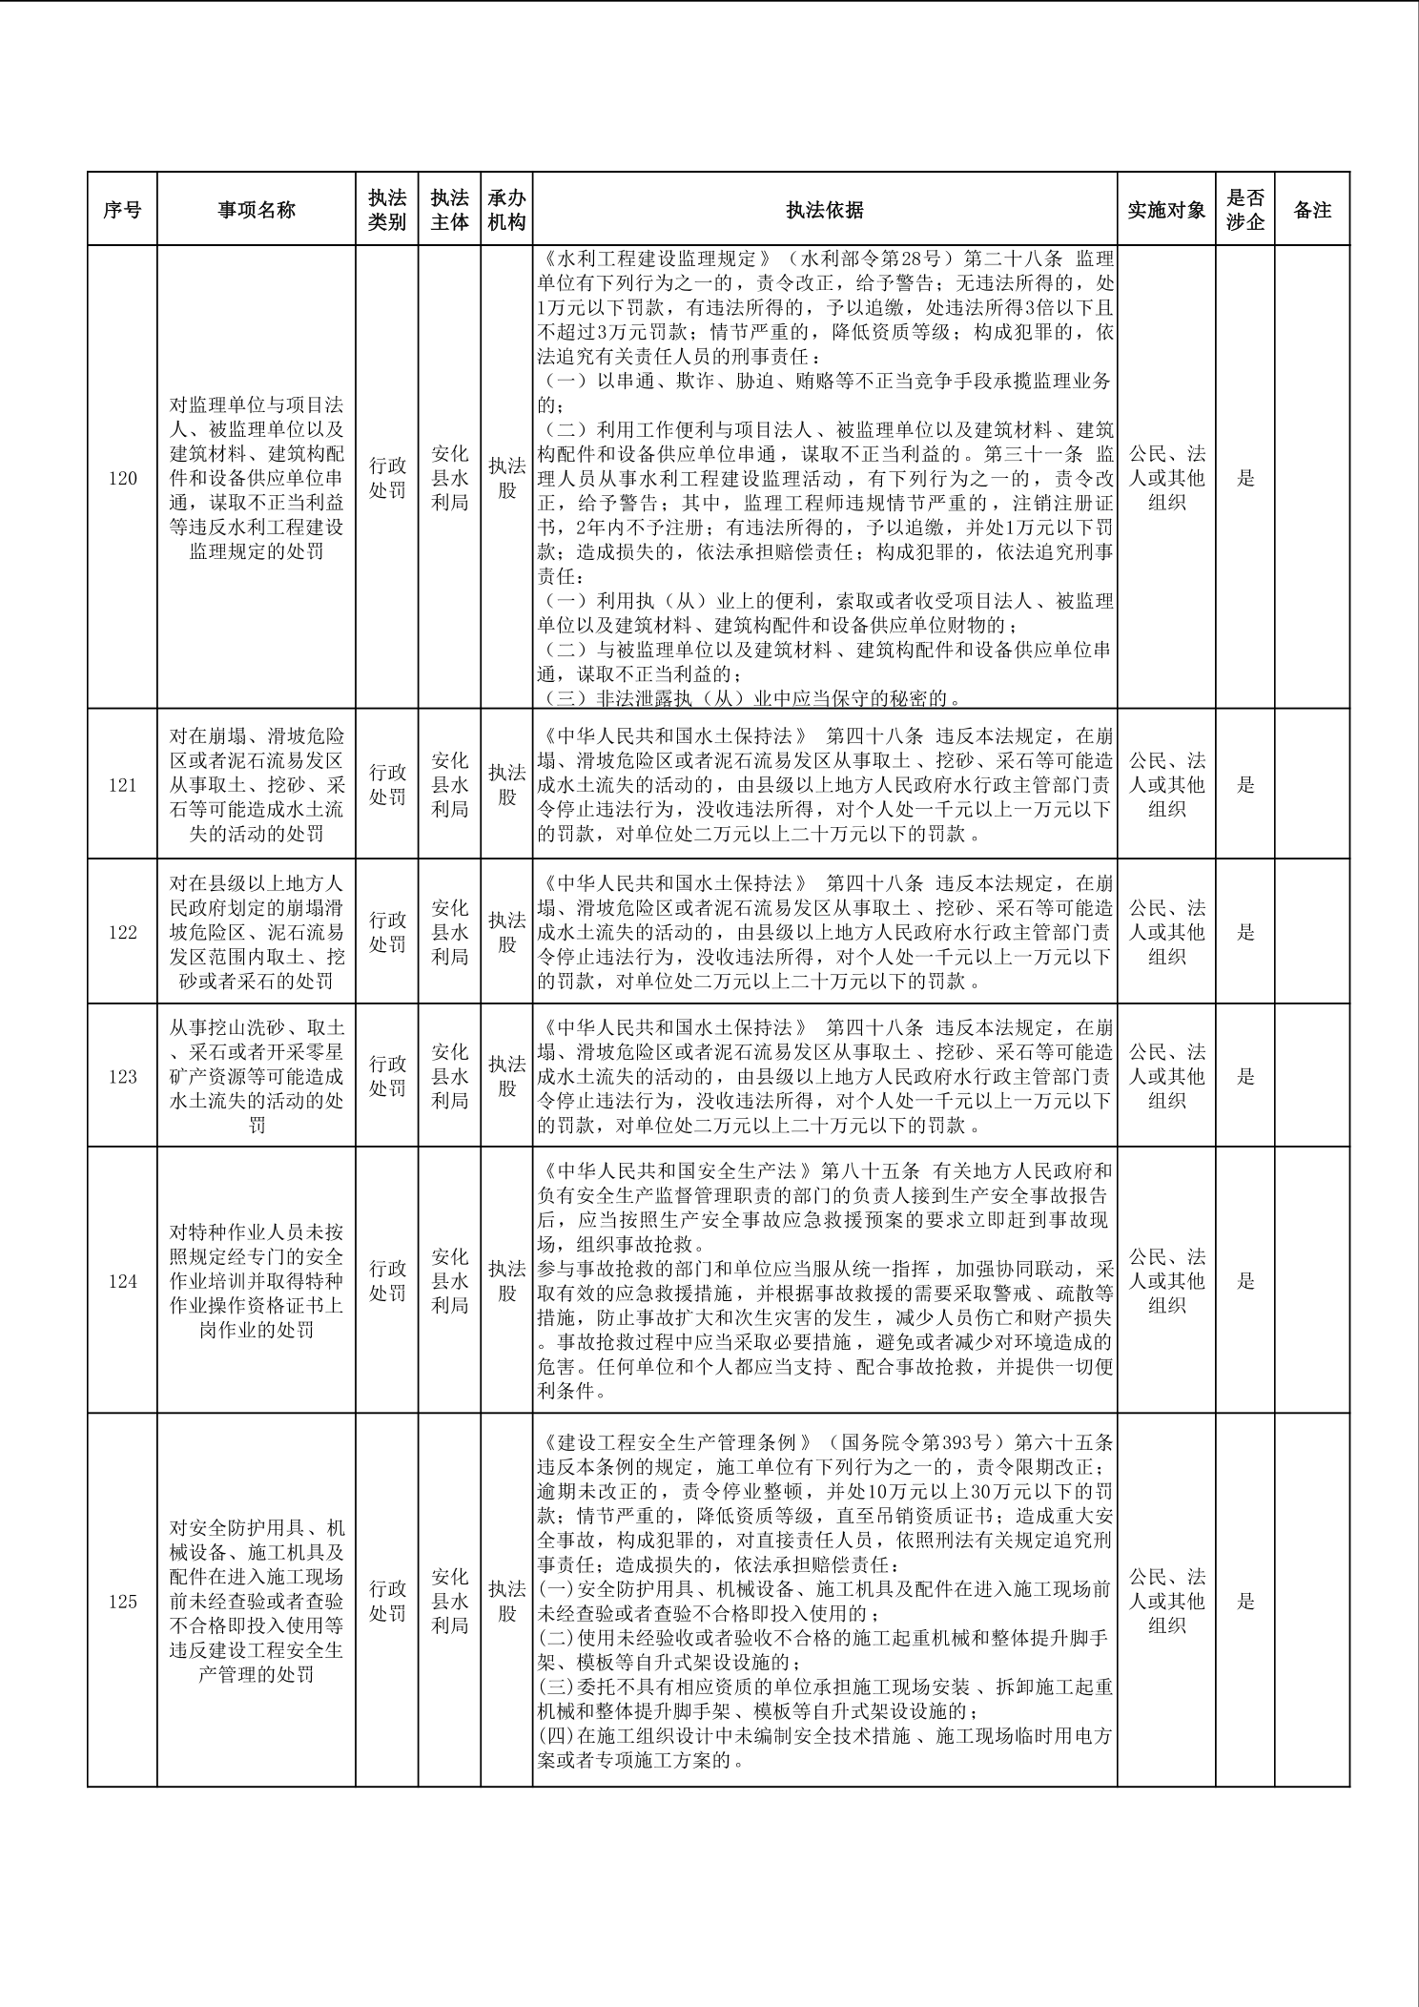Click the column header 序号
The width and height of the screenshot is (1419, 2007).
(x=122, y=210)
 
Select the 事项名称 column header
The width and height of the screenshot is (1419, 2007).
(x=257, y=210)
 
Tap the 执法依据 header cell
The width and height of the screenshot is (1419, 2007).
(x=825, y=210)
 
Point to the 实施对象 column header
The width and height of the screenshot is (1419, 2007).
(x=1166, y=210)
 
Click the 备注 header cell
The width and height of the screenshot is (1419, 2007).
(x=1312, y=210)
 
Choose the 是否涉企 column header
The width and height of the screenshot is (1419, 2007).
(x=1245, y=210)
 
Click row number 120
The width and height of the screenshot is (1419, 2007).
(x=122, y=478)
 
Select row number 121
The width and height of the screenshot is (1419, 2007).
(x=122, y=785)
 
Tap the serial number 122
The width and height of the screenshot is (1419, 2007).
(x=122, y=932)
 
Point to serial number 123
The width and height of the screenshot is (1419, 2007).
(x=122, y=1076)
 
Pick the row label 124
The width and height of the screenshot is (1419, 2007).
(x=122, y=1281)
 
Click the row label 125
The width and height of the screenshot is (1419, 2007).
(x=122, y=1602)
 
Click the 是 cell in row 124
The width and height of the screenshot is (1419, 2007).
(x=1245, y=1281)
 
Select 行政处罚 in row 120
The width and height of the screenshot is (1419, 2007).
(x=387, y=478)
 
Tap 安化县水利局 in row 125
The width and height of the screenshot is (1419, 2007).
(x=449, y=1602)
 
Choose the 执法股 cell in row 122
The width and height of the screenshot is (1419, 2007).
(x=506, y=932)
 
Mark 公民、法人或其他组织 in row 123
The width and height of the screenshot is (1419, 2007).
(x=1166, y=1076)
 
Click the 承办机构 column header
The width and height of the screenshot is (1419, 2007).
(x=506, y=210)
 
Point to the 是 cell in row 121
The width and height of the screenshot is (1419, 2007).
(x=1245, y=785)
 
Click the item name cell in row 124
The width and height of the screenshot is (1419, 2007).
(x=257, y=1281)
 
